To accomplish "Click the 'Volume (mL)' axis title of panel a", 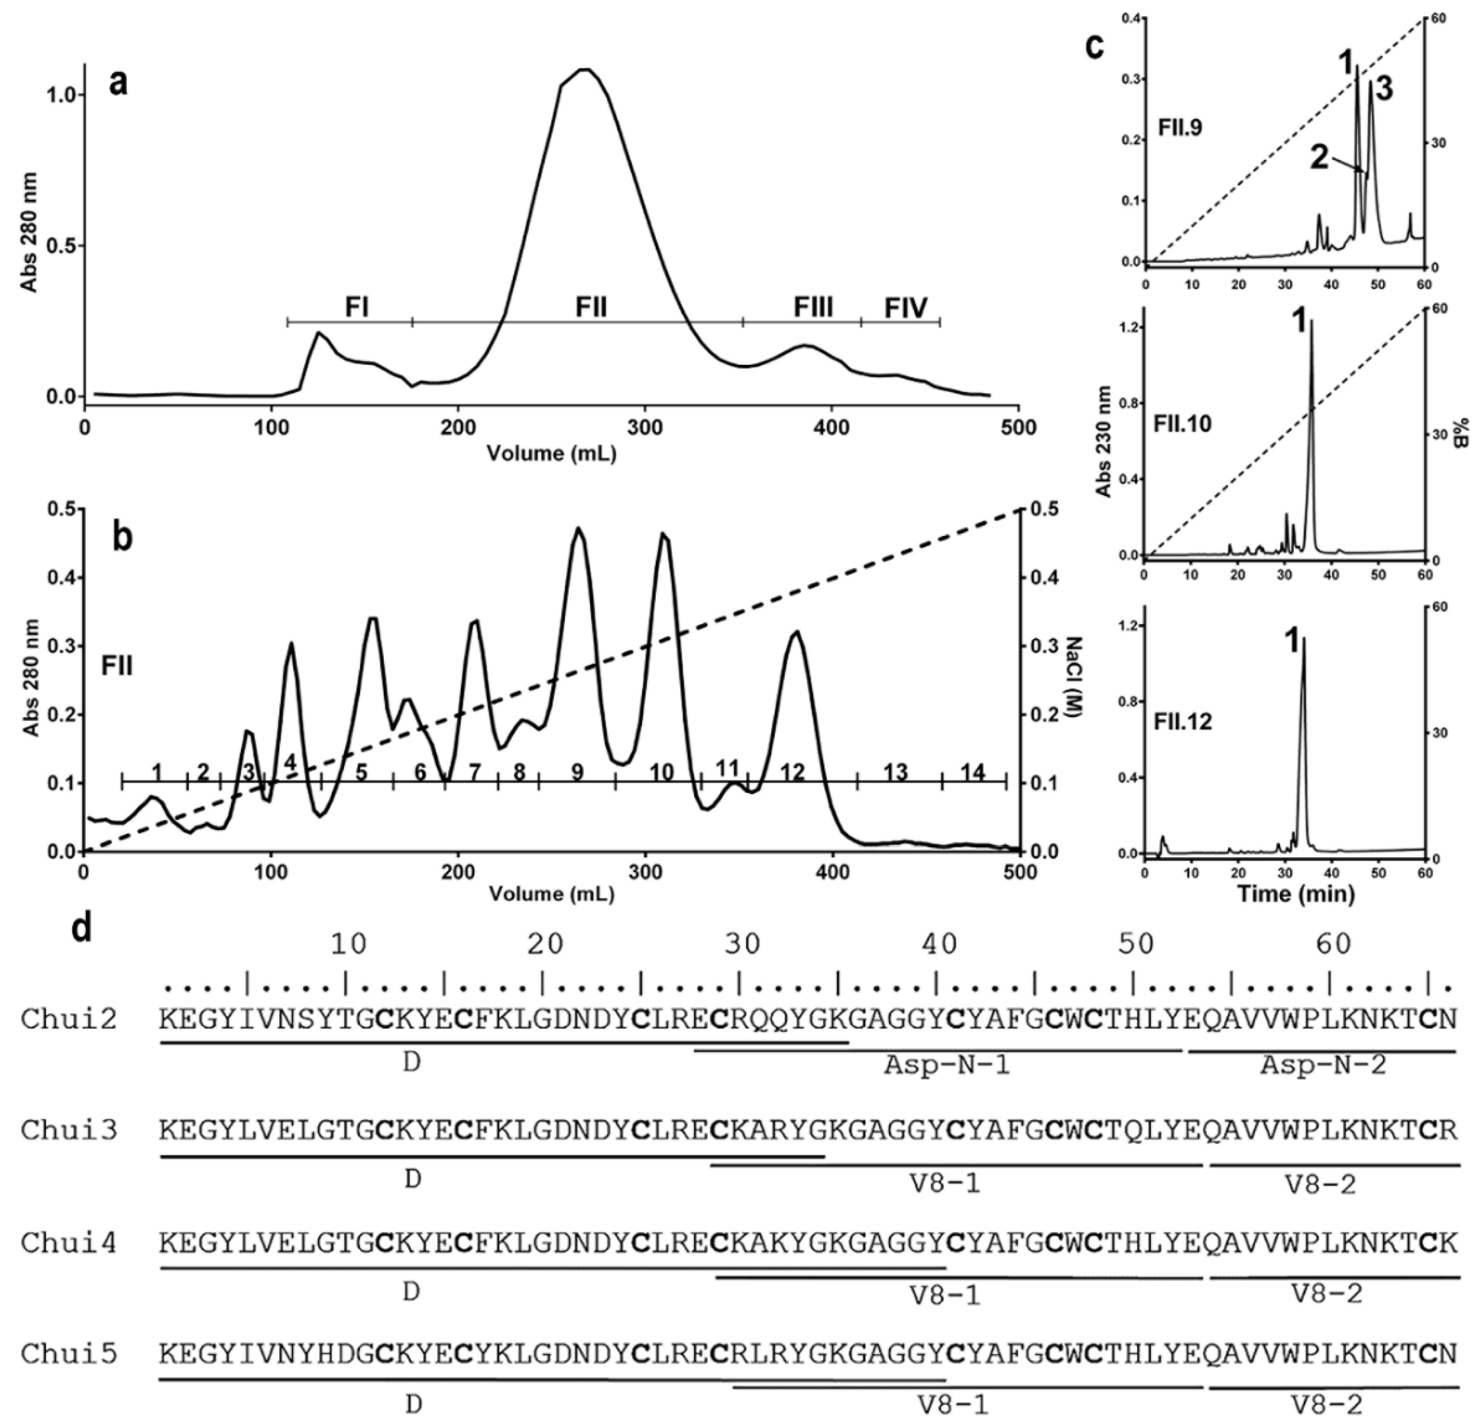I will point(551,453).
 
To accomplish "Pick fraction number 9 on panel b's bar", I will point(577,773).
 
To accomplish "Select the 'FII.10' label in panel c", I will point(1183,424).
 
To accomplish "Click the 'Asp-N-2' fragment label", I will point(1323,1066).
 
